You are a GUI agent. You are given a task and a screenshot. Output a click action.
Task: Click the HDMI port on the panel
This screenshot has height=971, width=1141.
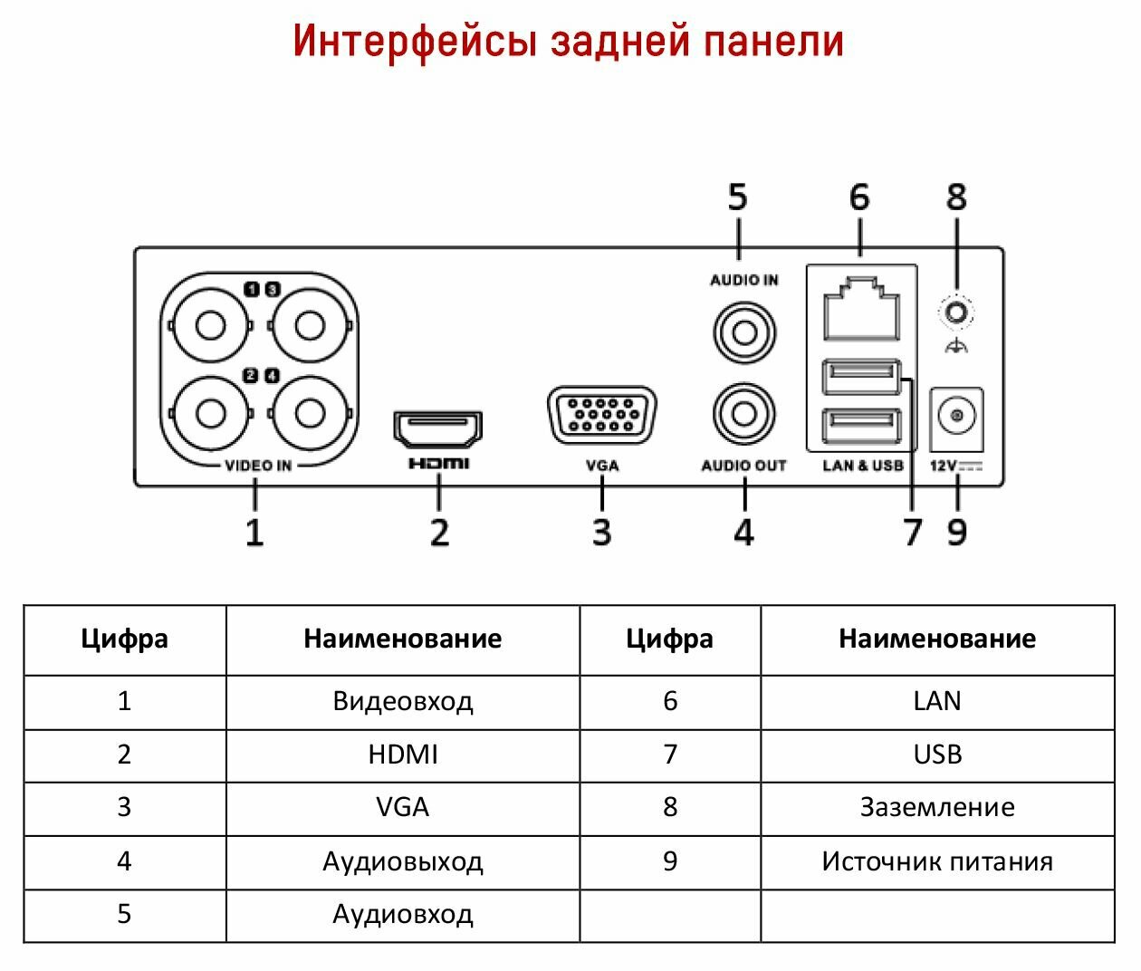pos(438,428)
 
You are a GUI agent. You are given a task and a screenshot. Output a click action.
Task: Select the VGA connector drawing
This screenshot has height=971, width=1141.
pos(602,415)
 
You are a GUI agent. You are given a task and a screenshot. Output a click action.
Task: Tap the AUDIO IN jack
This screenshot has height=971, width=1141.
pos(744,332)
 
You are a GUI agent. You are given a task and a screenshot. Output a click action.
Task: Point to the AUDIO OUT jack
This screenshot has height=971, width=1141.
pos(744,414)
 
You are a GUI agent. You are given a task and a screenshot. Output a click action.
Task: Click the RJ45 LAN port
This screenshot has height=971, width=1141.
pos(861,309)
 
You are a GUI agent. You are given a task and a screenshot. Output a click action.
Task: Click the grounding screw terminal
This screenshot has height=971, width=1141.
pos(957,313)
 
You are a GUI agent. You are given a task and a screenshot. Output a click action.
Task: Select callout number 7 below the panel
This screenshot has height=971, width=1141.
pos(913,532)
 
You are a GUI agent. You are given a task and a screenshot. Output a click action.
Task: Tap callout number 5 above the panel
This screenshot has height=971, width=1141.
pos(738,197)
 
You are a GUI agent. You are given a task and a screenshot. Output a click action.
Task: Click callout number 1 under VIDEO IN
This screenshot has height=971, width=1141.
pos(254,532)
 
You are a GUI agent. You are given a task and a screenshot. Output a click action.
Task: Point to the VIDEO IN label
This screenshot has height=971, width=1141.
pos(258,466)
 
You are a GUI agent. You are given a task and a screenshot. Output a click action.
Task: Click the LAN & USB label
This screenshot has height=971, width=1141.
pos(863,466)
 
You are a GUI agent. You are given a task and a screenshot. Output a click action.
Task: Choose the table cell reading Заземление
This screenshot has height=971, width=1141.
pos(937,807)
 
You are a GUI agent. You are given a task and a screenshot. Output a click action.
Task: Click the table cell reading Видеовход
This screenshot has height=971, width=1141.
pos(403,701)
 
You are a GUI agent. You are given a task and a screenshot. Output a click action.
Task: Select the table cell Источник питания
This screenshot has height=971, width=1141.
pos(937,860)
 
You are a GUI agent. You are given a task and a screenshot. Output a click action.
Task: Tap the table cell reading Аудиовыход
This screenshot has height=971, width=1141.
pos(403,860)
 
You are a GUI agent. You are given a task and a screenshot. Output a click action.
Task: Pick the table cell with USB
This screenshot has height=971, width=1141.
pos(937,755)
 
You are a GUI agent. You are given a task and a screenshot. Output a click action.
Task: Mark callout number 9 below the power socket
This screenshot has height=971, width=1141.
pos(957,532)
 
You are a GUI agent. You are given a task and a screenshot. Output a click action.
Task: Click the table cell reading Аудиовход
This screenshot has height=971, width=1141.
pos(403,914)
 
